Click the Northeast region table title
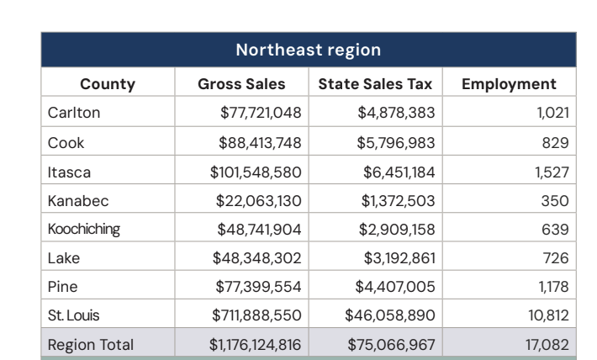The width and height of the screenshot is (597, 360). click(x=308, y=50)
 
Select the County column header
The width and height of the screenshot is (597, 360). click(x=107, y=84)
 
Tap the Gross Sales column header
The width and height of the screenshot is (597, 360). click(x=241, y=84)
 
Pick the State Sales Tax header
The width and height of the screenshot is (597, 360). click(x=375, y=84)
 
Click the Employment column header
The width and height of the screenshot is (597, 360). click(x=510, y=84)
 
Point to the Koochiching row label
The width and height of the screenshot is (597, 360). click(x=82, y=230)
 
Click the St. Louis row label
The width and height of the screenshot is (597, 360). click(x=73, y=316)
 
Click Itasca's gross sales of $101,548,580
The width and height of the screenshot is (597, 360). click(x=255, y=172)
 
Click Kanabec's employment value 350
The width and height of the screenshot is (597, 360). click(x=557, y=200)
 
